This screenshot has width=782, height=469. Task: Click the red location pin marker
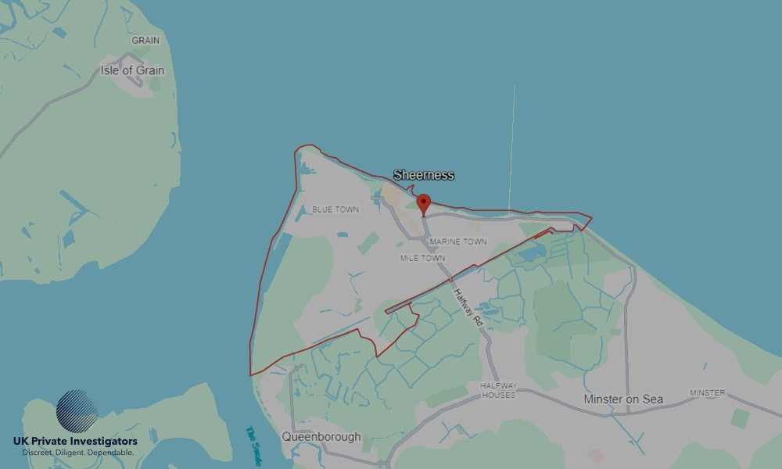[424, 204]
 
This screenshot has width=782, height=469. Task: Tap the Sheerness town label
[423, 175]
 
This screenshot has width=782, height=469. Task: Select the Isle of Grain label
[132, 70]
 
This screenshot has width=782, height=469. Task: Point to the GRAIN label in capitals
[145, 40]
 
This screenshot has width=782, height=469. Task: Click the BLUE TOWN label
[335, 209]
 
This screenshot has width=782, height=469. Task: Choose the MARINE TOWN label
[458, 242]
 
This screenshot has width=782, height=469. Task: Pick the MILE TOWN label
[422, 258]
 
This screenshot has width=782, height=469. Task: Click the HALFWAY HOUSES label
[498, 391]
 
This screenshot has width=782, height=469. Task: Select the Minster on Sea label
[623, 399]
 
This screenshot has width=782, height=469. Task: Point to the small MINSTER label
[707, 392]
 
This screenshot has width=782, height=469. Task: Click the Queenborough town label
[321, 437]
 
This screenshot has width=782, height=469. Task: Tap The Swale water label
[255, 442]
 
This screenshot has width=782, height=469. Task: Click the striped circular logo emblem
[77, 412]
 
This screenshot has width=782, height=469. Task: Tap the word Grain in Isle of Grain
[150, 70]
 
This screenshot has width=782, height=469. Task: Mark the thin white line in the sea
[512, 149]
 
